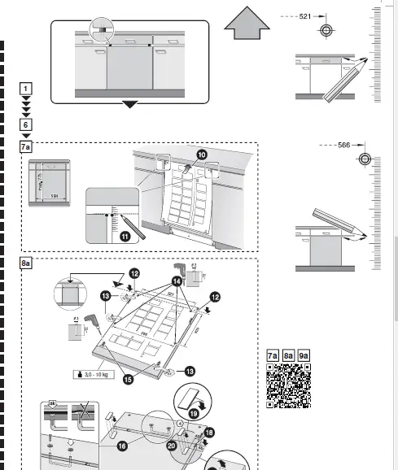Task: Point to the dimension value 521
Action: (304, 15)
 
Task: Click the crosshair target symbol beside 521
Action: (326, 30)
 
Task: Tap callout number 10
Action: (201, 153)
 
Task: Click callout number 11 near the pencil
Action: (125, 237)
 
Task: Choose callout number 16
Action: (122, 446)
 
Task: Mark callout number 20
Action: (172, 445)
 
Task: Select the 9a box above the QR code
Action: (304, 355)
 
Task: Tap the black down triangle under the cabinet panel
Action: (129, 104)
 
